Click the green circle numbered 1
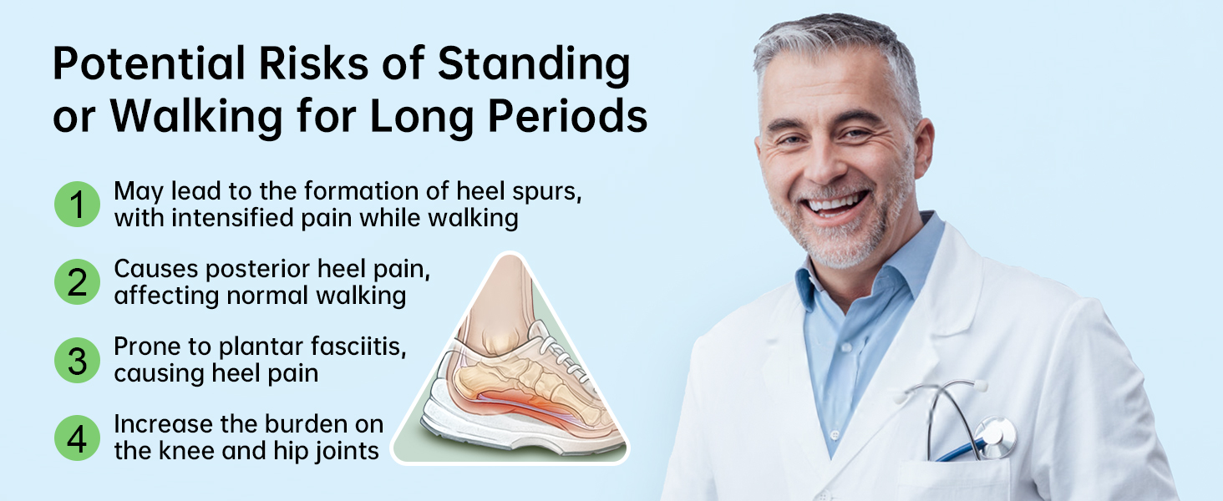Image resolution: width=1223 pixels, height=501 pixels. pos(77,204)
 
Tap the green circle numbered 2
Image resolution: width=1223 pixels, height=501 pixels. pos(77,281)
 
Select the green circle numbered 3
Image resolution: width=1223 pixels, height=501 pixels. pos(77,360)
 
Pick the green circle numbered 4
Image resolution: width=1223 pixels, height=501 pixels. pos(77,438)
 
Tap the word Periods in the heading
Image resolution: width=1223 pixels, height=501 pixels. pos(567,116)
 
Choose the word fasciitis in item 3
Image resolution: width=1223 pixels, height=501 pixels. pos(358,347)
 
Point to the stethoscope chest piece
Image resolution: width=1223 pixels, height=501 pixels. pos(995,438)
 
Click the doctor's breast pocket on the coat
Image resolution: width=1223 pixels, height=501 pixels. pos(952,480)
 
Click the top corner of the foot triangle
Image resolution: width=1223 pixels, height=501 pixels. pos(510,253)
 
